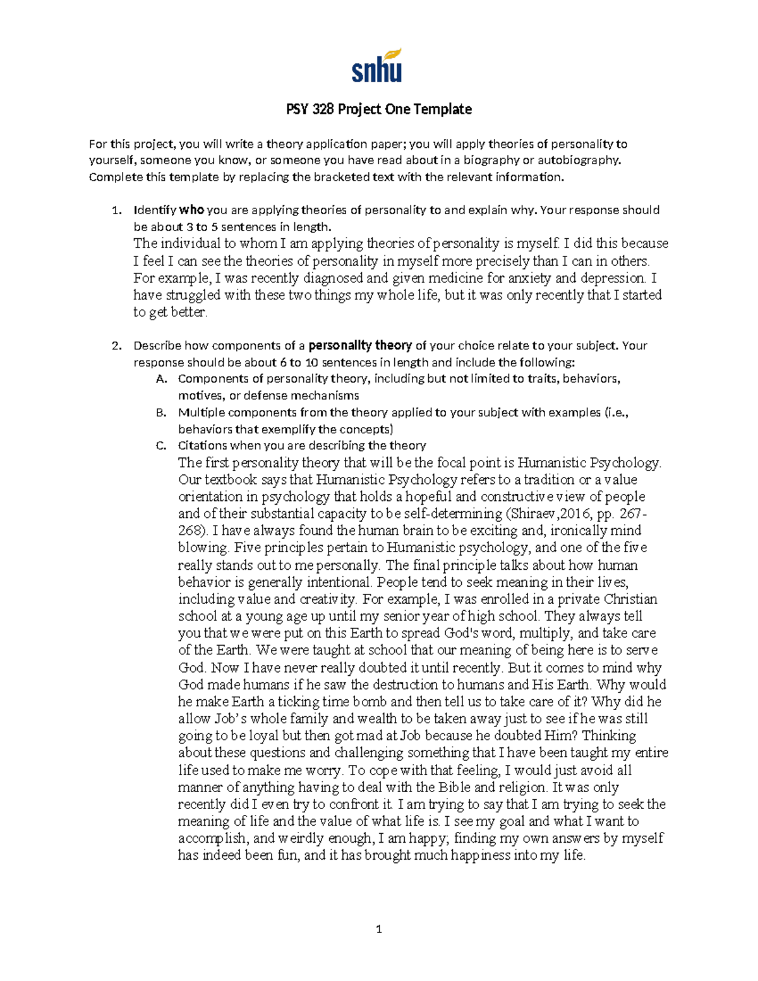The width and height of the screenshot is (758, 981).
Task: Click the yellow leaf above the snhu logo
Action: coord(393,54)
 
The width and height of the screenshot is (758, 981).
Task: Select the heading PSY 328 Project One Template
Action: coord(378,109)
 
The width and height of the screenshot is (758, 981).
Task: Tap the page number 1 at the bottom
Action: coord(378,929)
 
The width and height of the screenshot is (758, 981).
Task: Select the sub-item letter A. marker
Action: coord(160,379)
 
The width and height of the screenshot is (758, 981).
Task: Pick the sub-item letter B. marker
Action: coord(160,412)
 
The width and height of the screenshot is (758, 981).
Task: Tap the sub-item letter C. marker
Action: coord(160,445)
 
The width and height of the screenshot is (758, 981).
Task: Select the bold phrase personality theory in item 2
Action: coord(360,346)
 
